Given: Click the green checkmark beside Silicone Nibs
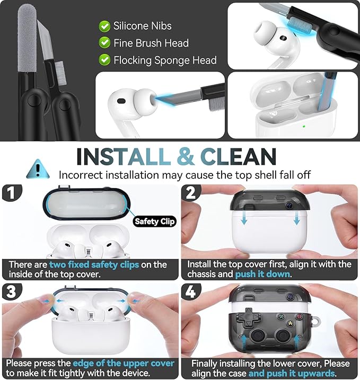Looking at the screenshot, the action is click(x=104, y=26).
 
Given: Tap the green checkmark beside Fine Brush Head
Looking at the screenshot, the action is click(x=104, y=43).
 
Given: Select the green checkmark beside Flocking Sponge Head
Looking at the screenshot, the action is click(x=104, y=60).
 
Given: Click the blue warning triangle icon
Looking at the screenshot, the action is click(x=38, y=169).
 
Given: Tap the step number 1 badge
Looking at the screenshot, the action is click(x=12, y=193).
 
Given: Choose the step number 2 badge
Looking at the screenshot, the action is click(x=191, y=193).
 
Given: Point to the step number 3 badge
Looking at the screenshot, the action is click(x=12, y=291).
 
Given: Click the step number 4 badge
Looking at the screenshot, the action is click(x=191, y=291).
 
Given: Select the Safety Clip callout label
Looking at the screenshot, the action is click(x=154, y=221).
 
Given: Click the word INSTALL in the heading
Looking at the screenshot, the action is click(x=124, y=156).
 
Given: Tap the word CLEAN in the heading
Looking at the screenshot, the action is click(x=238, y=156).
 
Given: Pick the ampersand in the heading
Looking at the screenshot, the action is click(x=186, y=156).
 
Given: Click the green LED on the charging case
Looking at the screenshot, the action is click(x=304, y=126).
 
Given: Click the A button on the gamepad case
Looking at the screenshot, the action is click(x=290, y=323).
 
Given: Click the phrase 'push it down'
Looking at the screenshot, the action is click(x=262, y=274).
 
